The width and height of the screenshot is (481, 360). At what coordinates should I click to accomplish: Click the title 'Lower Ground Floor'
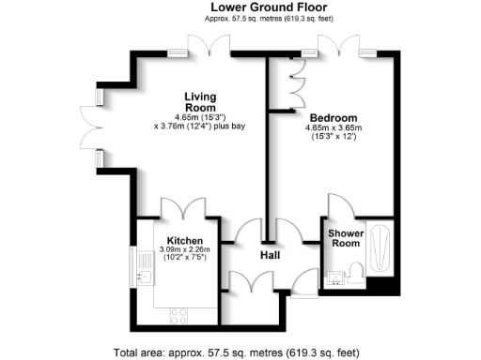point(240,7)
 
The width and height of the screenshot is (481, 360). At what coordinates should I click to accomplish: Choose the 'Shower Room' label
point(345,238)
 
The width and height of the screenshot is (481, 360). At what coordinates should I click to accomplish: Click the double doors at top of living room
point(209,45)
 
